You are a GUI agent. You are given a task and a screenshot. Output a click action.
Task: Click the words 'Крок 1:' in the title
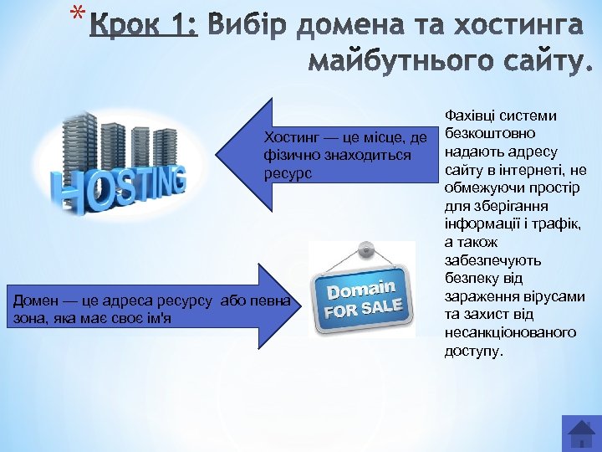tap(144, 28)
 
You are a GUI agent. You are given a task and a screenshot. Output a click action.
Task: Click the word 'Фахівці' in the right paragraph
tap(469, 116)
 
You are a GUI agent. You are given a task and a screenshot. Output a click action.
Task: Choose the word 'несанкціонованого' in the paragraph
tap(511, 332)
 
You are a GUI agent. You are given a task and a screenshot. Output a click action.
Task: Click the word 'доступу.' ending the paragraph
tap(474, 350)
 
